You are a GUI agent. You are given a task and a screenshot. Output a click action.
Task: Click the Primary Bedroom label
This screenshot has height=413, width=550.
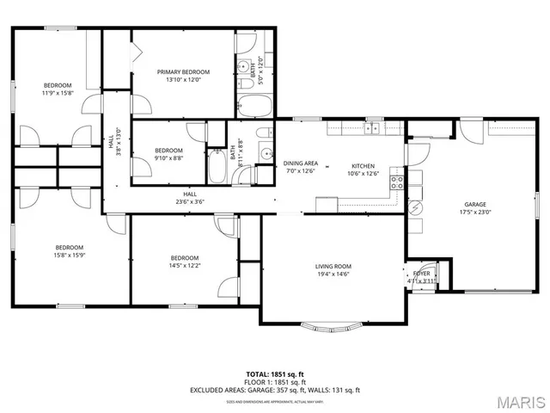click(183, 72)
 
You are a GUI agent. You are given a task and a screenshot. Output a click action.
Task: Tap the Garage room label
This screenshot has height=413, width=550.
click(470, 204)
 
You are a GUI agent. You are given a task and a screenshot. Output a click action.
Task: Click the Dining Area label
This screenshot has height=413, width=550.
click(302, 163)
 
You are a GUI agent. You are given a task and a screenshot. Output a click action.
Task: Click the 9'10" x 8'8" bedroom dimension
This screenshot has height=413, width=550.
click(168, 157)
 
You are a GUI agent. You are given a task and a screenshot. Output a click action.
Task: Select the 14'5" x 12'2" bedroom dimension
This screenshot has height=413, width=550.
click(184, 266)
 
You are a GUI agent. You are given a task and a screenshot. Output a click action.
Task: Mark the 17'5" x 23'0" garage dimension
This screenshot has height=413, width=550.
click(470, 212)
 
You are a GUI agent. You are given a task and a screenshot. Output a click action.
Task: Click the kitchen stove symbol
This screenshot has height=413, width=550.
click(398, 182)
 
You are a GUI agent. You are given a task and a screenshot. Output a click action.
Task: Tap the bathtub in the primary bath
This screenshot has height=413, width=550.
click(254, 106)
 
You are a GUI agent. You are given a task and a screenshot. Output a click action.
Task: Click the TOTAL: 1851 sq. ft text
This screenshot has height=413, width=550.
click(275, 373)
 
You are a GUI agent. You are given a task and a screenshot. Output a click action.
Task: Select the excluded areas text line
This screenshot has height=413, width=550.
click(275, 390)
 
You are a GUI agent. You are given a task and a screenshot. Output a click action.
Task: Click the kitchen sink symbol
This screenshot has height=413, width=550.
click(372, 129)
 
